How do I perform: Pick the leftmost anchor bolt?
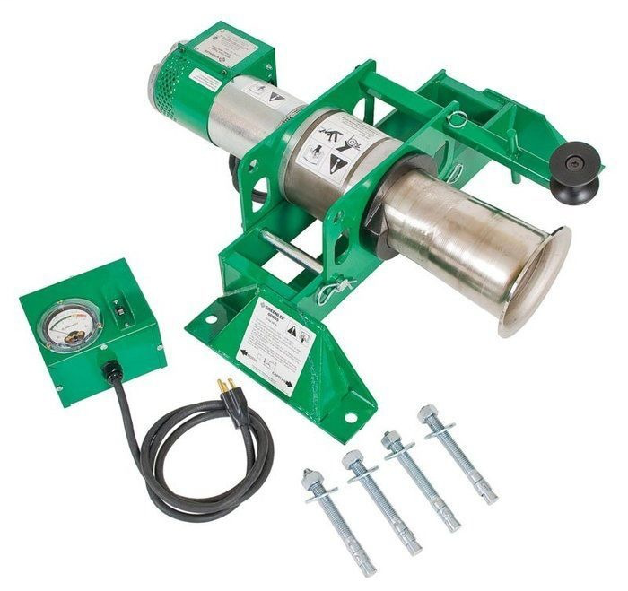(x=338, y=521)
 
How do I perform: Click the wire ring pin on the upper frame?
(x=458, y=117)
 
